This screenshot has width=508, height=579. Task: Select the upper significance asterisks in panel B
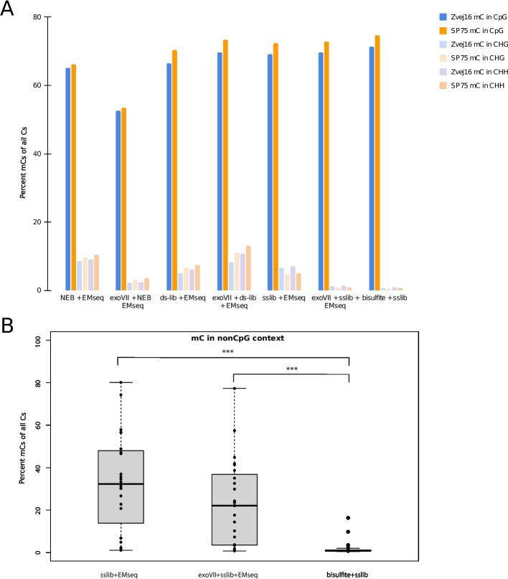pyautogui.click(x=232, y=352)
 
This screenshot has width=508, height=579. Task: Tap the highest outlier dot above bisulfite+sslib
pyautogui.click(x=348, y=518)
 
